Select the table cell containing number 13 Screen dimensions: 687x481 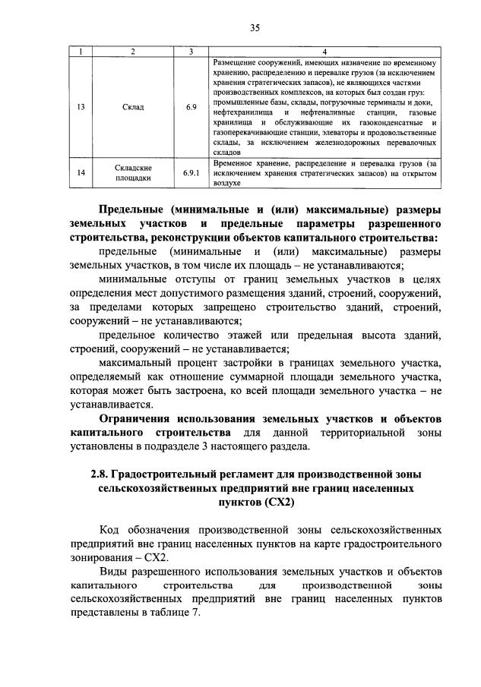coord(81,107)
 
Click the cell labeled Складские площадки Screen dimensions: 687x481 coord(132,173)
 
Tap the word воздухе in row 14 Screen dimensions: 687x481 coord(226,183)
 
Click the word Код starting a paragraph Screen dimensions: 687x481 coord(111,528)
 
